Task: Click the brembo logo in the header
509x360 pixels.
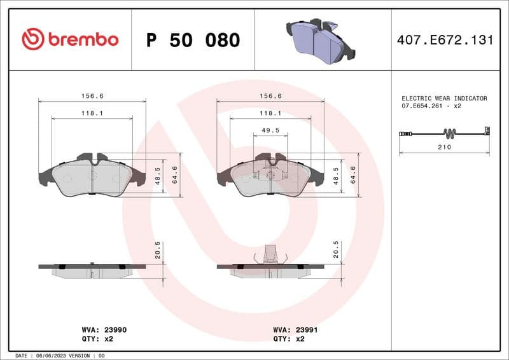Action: [x=70, y=39]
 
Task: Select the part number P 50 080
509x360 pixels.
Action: [x=193, y=40]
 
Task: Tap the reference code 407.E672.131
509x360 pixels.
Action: [x=445, y=40]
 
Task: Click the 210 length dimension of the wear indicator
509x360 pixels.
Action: [x=444, y=147]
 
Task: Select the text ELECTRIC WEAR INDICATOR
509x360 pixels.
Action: [x=444, y=99]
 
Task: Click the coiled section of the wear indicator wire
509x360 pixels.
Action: [x=450, y=134]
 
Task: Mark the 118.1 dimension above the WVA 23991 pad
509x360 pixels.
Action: [x=270, y=113]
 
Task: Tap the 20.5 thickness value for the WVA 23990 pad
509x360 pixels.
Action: [x=158, y=249]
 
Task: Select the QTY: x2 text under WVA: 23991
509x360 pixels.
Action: [x=289, y=339]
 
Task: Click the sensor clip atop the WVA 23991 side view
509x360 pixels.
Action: [x=270, y=253]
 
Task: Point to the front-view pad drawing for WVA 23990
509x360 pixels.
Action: [x=92, y=175]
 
